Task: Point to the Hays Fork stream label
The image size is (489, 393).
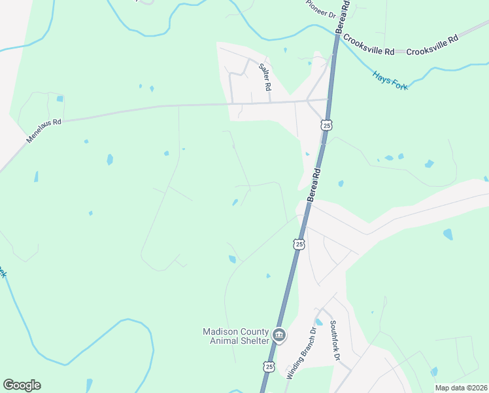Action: pos(390,80)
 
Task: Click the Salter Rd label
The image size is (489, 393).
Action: pos(265,76)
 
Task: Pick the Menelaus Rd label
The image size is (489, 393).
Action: pos(43,131)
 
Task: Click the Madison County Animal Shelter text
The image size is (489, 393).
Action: pos(235,336)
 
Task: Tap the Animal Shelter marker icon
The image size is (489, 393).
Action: pos(279,336)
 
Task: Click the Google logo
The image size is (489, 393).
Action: pos(22,385)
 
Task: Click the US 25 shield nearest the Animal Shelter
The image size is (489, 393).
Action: pos(269,367)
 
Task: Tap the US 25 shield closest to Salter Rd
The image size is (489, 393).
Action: pos(327,124)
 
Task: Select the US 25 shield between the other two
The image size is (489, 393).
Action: pos(299,244)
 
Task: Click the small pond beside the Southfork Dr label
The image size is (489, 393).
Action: pos(319,322)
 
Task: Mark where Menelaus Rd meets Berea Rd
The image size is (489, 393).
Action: pos(328,100)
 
